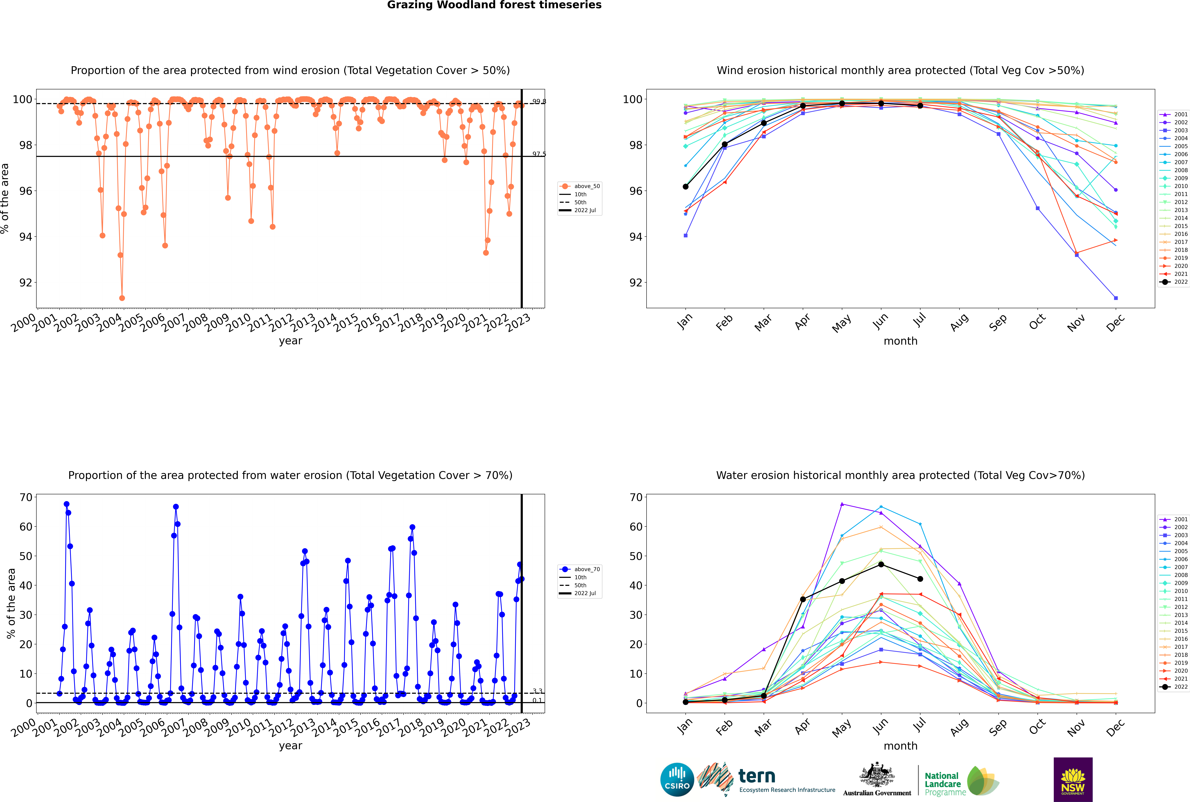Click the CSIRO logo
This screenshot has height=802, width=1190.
[x=677, y=780]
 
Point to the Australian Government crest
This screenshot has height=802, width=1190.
[x=877, y=776]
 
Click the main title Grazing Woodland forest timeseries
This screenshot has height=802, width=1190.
[x=494, y=5]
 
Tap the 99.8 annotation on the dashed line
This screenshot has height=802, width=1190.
[x=539, y=101]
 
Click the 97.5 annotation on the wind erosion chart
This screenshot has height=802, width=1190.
[x=539, y=154]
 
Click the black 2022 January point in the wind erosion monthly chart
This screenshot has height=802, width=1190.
[x=686, y=187]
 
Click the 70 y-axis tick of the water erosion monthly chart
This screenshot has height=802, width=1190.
[x=636, y=497]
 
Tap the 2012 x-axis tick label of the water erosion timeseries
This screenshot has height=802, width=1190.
[x=281, y=728]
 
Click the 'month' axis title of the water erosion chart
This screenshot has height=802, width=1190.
[x=900, y=746]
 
